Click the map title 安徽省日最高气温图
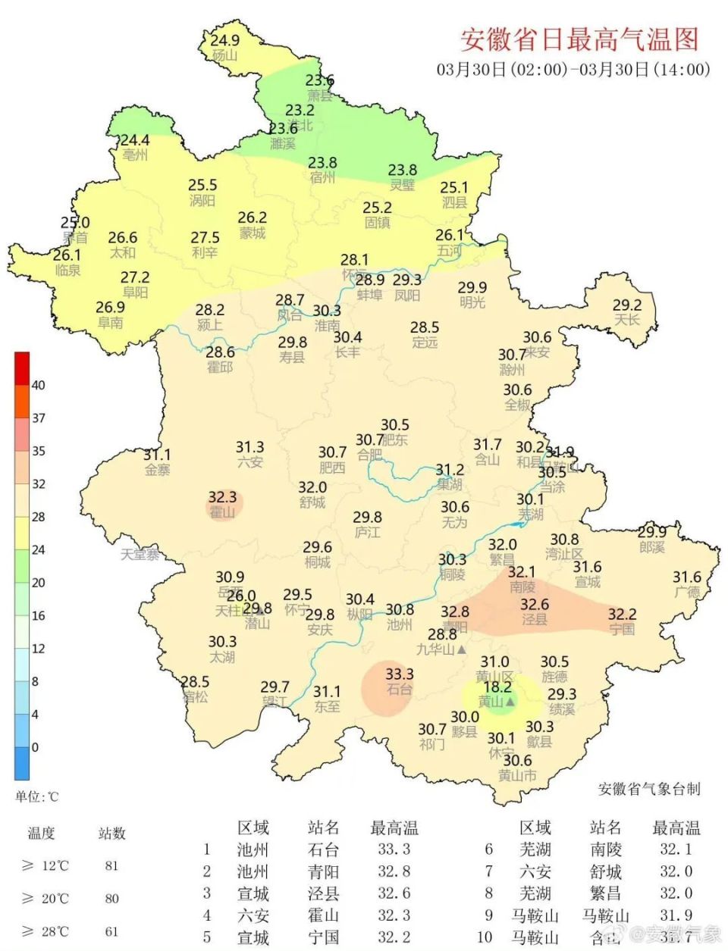click(579, 39)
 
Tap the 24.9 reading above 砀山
click(224, 41)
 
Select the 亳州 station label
click(135, 155)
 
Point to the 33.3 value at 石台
click(399, 674)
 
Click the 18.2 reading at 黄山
click(497, 688)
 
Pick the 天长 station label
click(627, 320)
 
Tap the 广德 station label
click(687, 593)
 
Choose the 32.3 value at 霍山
click(222, 497)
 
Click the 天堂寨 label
click(140, 555)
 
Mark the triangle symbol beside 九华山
click(461, 649)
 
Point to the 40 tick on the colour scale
click(38, 385)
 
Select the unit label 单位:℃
click(36, 796)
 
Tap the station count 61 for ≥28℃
click(111, 931)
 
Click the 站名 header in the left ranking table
click(324, 827)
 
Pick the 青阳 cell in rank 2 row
click(324, 871)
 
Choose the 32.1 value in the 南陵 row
click(676, 849)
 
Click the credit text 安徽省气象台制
click(648, 789)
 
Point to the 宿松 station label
click(194, 696)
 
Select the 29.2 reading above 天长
click(627, 305)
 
